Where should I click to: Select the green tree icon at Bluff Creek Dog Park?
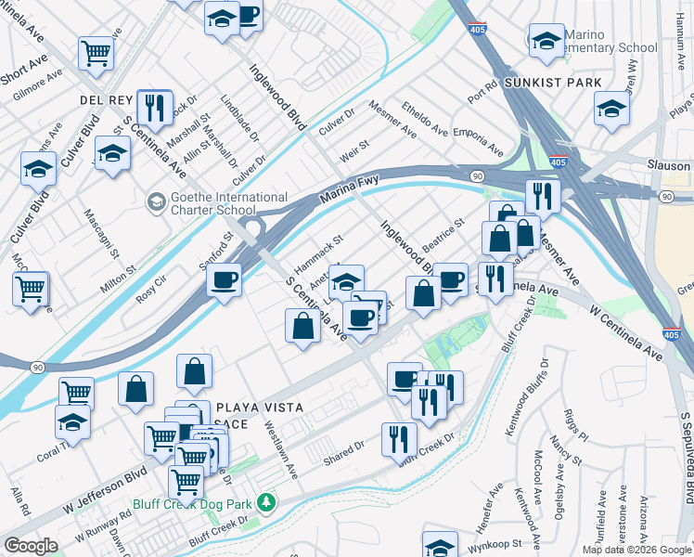point(267,502)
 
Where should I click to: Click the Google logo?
point(31,546)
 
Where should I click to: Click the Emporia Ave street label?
point(479,144)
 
